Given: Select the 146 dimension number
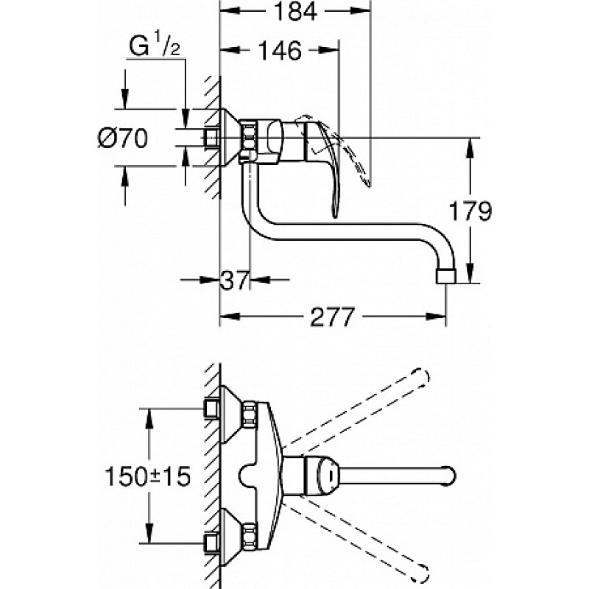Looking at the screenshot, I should [280, 51].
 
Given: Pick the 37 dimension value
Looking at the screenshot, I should [236, 280].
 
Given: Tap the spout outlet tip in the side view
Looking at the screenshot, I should [446, 275].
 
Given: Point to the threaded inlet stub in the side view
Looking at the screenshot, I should [213, 137].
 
